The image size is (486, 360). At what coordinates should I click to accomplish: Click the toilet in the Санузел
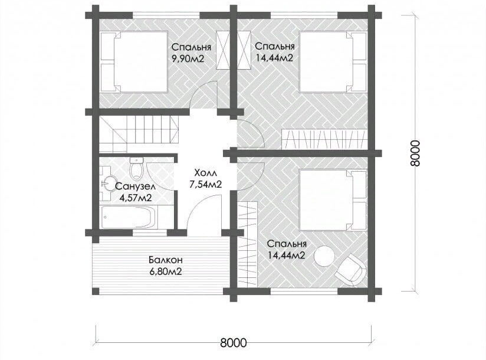[x=137, y=169]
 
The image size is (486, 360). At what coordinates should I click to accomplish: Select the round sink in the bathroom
[x=108, y=184]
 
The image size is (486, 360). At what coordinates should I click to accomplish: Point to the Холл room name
[x=205, y=173]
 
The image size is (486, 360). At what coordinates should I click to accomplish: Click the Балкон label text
[x=165, y=259]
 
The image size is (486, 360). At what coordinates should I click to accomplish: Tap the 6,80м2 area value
[x=165, y=272]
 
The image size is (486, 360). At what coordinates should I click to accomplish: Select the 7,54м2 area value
[x=205, y=185]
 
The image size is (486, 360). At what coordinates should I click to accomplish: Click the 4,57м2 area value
[x=136, y=198]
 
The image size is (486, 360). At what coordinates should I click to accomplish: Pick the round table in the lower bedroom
[x=324, y=256]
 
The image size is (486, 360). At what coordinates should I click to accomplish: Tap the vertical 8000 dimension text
[x=415, y=153]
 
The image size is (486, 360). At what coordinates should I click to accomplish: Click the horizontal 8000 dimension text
[x=234, y=342]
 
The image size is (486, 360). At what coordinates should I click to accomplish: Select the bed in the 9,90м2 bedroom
[x=134, y=61]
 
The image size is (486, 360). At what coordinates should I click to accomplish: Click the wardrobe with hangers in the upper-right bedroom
[x=324, y=139]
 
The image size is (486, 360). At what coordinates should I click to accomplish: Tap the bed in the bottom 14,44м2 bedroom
[x=333, y=199]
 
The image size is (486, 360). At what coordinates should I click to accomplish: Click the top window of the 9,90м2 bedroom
[x=166, y=15]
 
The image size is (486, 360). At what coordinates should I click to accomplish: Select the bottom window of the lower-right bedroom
[x=304, y=291]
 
